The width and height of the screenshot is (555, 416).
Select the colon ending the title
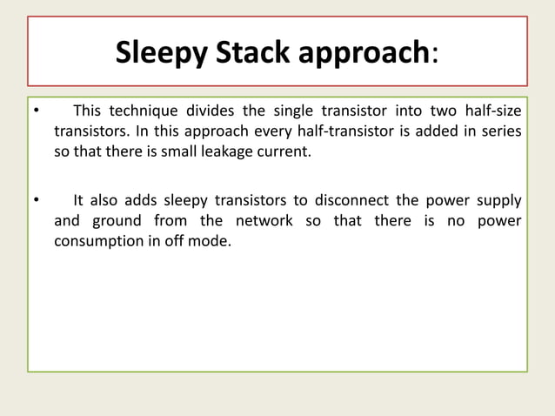pyautogui.click(x=435, y=56)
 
